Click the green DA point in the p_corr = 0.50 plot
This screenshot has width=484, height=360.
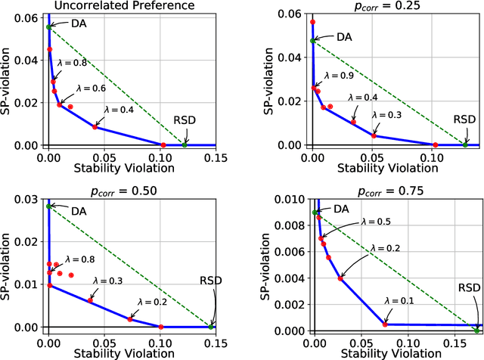pyautogui.click(x=49, y=206)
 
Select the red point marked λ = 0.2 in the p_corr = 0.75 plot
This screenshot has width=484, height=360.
pyautogui.click(x=341, y=278)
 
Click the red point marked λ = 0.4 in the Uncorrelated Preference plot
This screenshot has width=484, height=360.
pyautogui.click(x=95, y=127)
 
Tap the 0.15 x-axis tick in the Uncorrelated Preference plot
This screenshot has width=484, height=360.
pyautogui.click(x=216, y=155)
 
